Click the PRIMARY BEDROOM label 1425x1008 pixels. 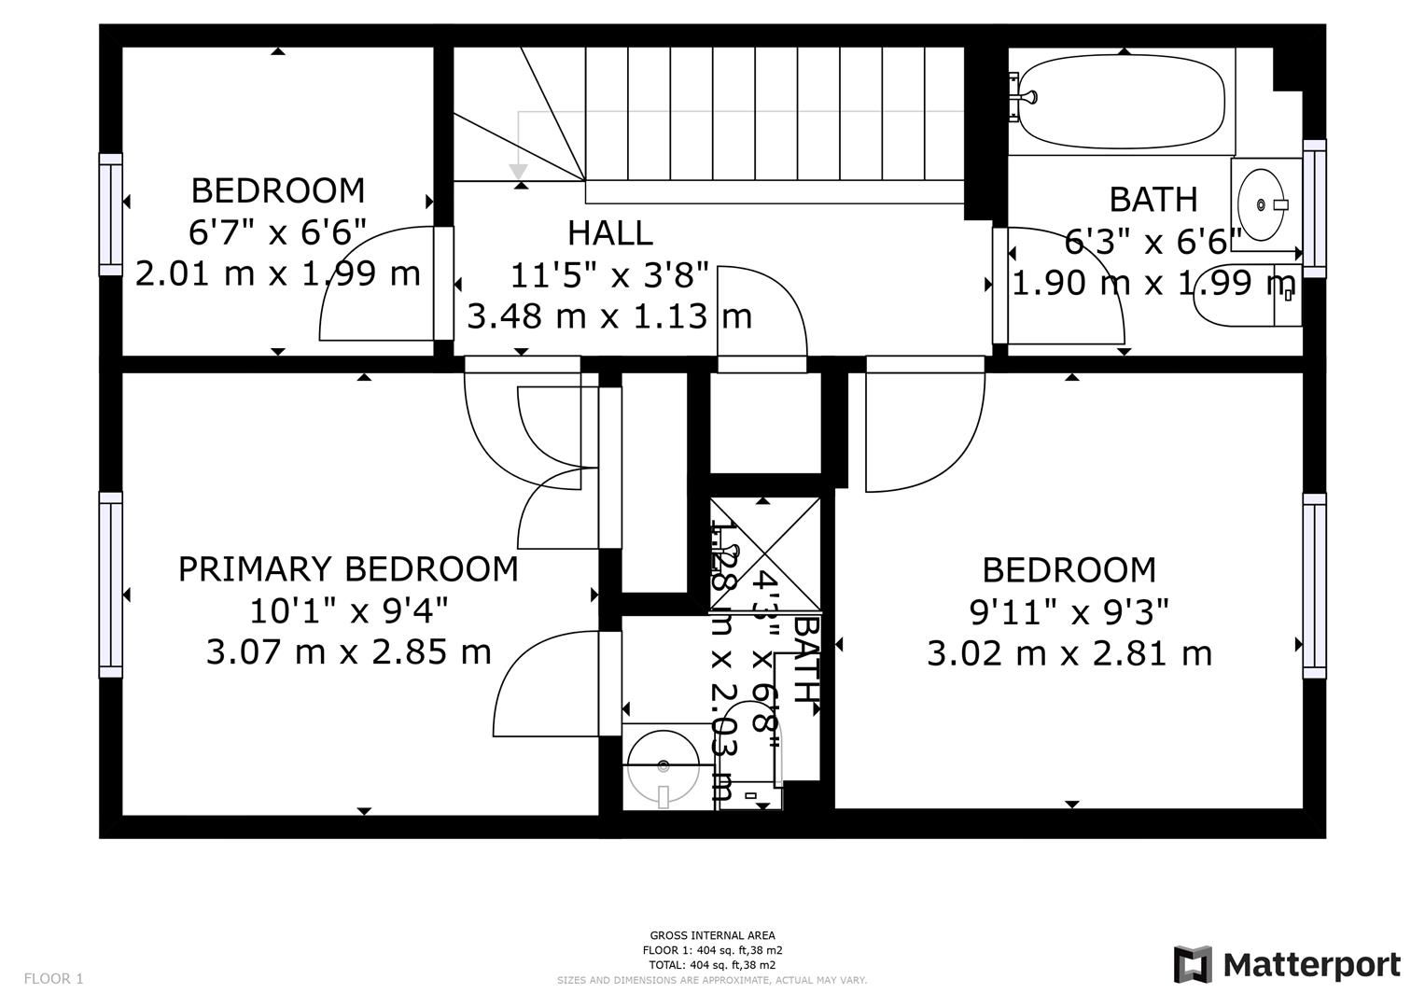tap(348, 568)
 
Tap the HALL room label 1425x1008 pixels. tap(609, 232)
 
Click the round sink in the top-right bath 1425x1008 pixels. tap(1263, 203)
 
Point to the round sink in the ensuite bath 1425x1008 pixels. tap(663, 766)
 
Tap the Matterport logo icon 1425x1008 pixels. tap(1192, 964)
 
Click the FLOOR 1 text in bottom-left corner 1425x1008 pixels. tap(53, 979)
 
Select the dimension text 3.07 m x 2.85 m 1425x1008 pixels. tap(348, 651)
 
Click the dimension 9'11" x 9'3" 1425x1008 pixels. tap(1069, 612)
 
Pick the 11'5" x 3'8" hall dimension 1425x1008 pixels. tap(609, 274)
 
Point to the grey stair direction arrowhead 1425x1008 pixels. tap(518, 173)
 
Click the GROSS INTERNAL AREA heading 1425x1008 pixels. tap(712, 935)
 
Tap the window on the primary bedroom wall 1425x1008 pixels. tap(111, 584)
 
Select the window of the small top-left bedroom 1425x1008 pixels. tap(111, 215)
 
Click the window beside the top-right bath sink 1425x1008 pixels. tap(1314, 208)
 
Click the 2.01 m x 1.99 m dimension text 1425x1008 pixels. tap(277, 274)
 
